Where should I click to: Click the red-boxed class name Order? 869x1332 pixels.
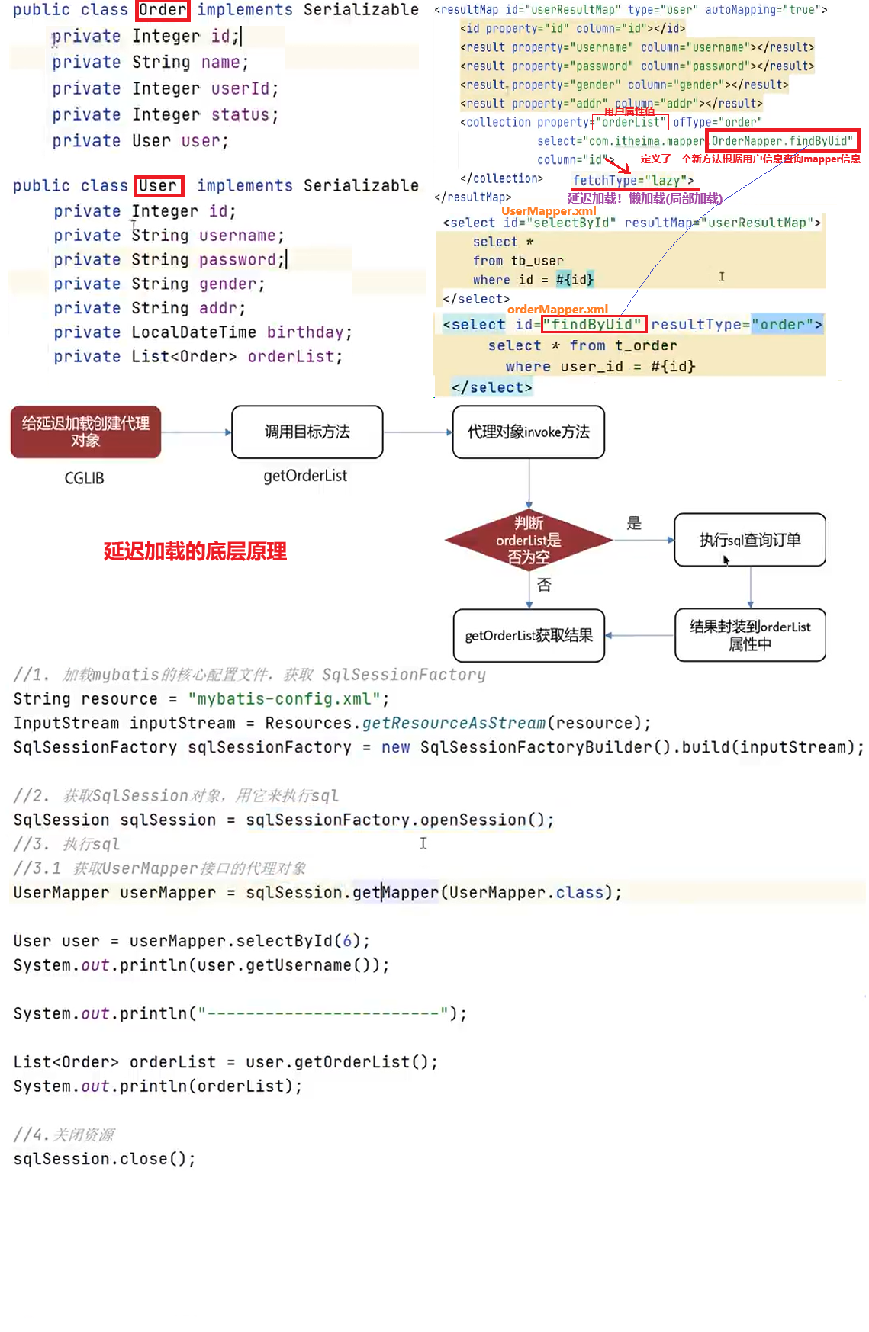[163, 10]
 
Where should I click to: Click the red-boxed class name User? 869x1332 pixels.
[159, 186]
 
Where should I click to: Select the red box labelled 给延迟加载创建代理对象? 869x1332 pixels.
[85, 432]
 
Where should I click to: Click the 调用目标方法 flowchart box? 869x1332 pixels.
[307, 432]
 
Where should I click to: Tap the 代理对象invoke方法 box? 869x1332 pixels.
[528, 432]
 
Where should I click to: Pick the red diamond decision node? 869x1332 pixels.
[528, 540]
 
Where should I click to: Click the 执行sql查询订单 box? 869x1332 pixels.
[749, 540]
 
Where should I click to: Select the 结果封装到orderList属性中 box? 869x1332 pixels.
[749, 634]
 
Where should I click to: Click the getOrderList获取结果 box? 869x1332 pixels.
[528, 635]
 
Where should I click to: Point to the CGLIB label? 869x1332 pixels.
[84, 478]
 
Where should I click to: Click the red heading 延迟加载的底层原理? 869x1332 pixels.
[195, 551]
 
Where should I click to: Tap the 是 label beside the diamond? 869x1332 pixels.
[634, 523]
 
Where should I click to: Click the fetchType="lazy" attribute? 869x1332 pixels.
[633, 181]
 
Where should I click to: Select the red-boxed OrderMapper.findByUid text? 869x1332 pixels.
[781, 141]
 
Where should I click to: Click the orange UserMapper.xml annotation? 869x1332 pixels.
[549, 210]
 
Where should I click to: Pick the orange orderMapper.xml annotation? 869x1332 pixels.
[557, 309]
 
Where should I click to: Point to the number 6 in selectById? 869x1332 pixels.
[346, 941]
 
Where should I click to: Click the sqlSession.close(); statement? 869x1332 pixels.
[105, 1159]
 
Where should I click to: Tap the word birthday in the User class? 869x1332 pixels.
[304, 332]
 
